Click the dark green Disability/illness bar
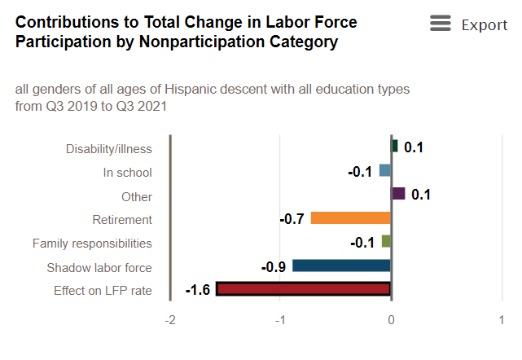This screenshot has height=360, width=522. pos(395,147)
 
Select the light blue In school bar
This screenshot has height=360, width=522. pos(385,171)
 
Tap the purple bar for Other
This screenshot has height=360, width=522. pos(398,194)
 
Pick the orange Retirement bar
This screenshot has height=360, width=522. pos(351,217)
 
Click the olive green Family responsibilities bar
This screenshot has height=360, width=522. pos(387,241)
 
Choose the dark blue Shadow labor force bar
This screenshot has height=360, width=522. pos(341,266)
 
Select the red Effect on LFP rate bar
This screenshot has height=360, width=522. pos(304,289)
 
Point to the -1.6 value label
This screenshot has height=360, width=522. pos(199,290)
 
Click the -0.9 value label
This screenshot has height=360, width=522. pos(274,266)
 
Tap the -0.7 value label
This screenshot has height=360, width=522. pos(292,218)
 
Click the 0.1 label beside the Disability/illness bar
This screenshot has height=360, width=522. pos(414,147)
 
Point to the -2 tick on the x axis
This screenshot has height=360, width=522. pos(170,320)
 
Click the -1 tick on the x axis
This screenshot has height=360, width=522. pos(280,320)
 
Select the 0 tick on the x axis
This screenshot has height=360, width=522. pos(391,320)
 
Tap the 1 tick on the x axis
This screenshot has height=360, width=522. pos(501,320)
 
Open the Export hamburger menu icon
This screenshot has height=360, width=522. pos(441,24)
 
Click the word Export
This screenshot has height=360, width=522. pos(485,25)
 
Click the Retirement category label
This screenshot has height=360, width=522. pos(122,220)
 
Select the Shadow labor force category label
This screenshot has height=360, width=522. pos(99,267)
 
